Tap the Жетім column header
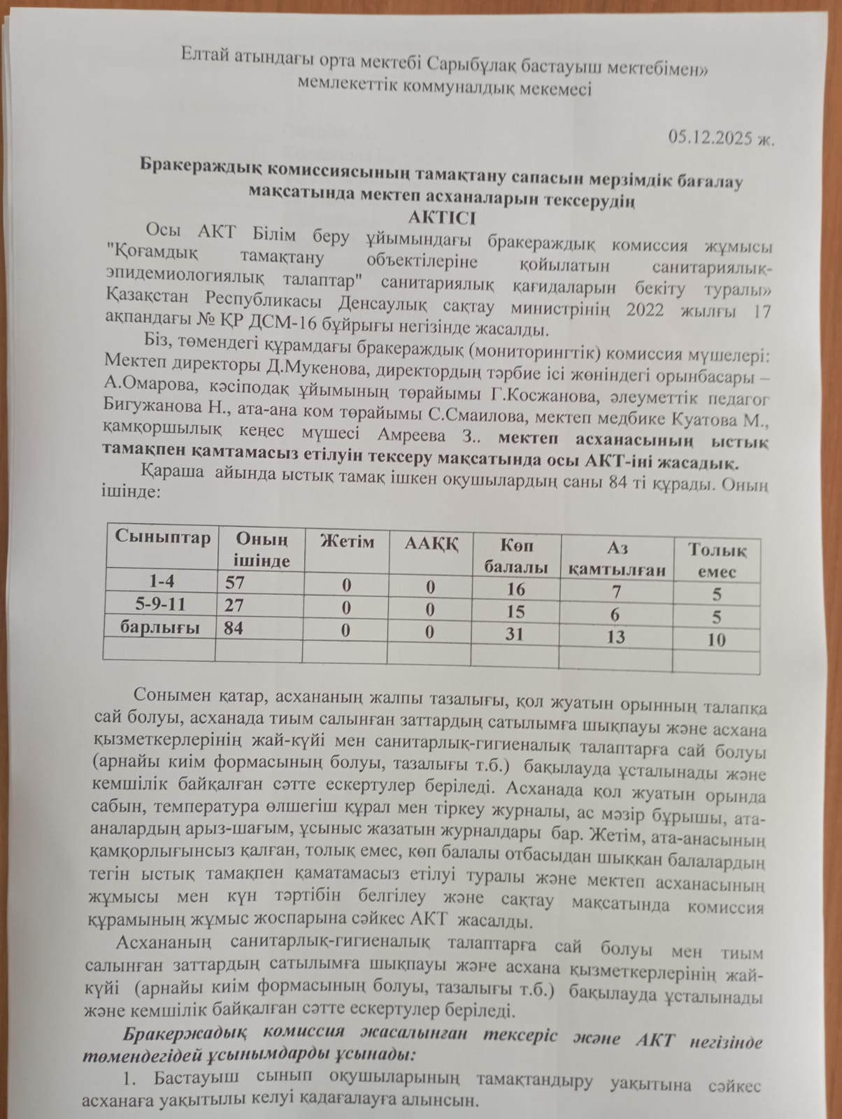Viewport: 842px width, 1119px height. click(346, 541)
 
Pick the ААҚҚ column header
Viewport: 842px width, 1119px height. click(431, 544)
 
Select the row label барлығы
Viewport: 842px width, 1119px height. click(160, 627)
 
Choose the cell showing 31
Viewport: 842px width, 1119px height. click(515, 634)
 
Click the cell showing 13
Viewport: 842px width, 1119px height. click(616, 636)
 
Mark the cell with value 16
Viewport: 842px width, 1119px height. click(515, 589)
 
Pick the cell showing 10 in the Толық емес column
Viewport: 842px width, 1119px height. click(716, 639)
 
